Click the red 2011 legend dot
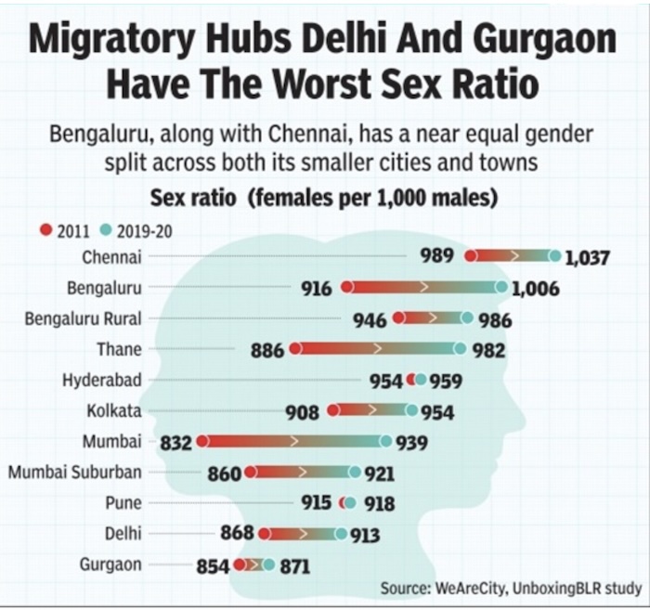tap(45, 231)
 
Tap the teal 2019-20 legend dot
tap(105, 231)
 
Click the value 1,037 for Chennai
tap(587, 257)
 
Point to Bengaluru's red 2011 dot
tap(346, 288)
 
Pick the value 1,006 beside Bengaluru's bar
tap(535, 289)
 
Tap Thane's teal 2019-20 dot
tap(460, 349)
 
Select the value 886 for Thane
tap(268, 350)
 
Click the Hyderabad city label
tap(102, 380)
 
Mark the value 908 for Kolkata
tap(303, 411)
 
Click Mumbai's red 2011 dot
tap(201, 442)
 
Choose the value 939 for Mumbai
tap(412, 443)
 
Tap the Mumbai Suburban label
tap(75, 472)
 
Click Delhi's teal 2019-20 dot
tap(341, 534)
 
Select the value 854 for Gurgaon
tap(214, 565)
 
